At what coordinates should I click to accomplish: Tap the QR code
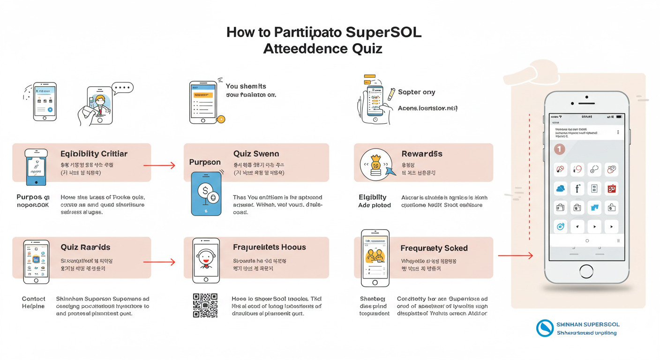point(205,306)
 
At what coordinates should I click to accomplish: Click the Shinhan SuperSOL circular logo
point(545,328)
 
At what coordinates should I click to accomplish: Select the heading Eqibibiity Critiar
point(94,154)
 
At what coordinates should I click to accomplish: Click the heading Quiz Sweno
point(256,154)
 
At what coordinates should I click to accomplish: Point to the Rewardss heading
point(422,154)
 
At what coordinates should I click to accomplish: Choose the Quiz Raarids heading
point(85,247)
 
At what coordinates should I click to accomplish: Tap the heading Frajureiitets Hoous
point(269,247)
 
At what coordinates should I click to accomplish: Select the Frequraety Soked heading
point(434,248)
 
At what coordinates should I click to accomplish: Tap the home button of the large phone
point(586,271)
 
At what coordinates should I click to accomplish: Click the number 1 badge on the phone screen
point(559,149)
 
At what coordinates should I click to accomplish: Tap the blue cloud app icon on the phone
point(560,189)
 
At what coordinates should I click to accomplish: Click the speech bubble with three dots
point(123,88)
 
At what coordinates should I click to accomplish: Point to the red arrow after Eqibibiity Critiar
point(159,165)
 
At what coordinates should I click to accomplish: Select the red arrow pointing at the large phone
point(515,255)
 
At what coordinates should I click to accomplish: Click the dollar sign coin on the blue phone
point(204,190)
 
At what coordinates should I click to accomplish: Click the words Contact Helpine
point(34,302)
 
